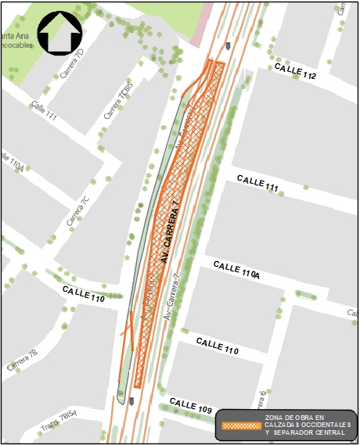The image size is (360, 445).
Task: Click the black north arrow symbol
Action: pos(59,33)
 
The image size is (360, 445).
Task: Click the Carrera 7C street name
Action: pos(78,210)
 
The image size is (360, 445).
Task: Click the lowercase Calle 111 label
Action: pos(44,110)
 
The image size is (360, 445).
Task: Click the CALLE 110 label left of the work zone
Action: pos(86,296)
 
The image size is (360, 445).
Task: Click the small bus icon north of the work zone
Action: pos(227,45)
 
